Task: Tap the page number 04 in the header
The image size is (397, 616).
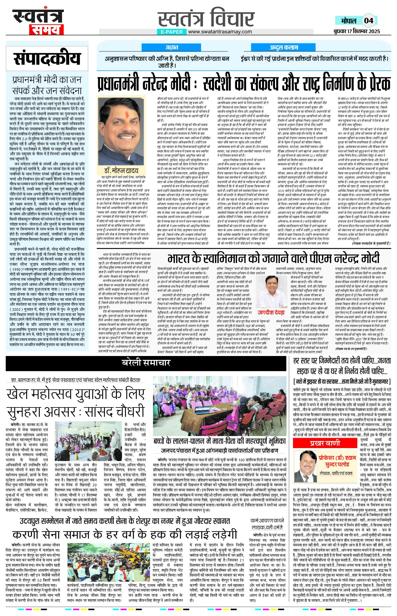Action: pyautogui.click(x=368, y=20)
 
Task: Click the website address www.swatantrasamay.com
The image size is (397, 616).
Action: pyautogui.click(x=220, y=32)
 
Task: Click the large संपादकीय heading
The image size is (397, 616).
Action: pyautogui.click(x=47, y=59)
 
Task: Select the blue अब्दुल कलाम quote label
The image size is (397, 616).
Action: pyautogui.click(x=284, y=47)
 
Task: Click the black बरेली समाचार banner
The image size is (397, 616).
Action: pyautogui.click(x=146, y=363)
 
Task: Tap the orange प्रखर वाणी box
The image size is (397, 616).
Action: pyautogui.click(x=325, y=443)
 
